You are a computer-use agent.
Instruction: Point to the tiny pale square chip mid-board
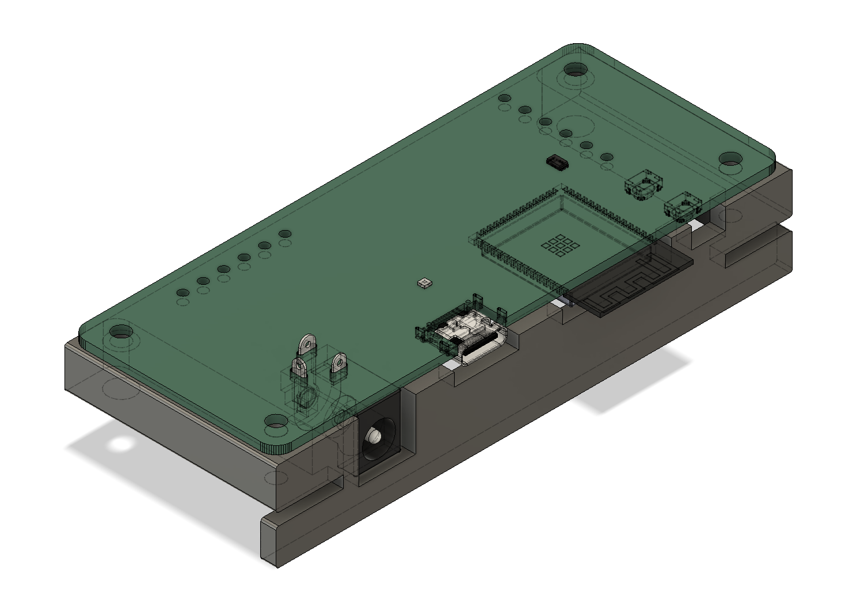[424, 282]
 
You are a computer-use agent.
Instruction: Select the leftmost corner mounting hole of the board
[121, 332]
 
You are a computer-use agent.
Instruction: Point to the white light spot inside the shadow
[121, 444]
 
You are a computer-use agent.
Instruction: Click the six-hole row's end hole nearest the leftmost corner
[182, 292]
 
